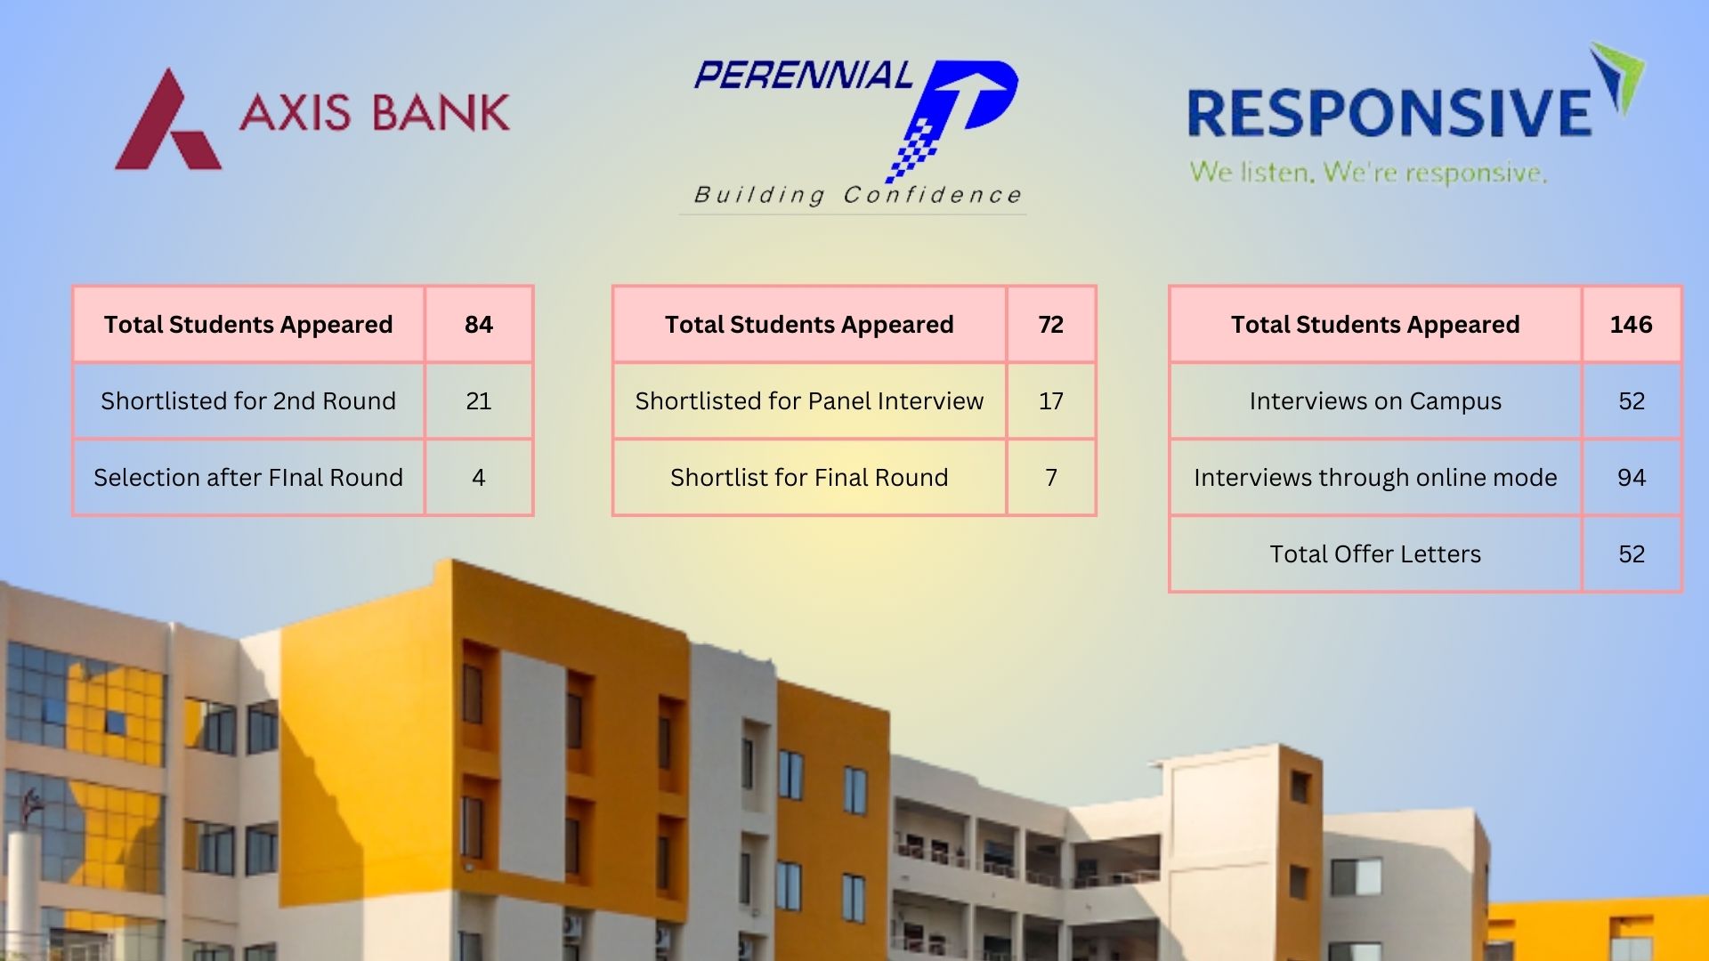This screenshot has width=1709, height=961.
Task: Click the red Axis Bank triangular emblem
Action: tap(166, 125)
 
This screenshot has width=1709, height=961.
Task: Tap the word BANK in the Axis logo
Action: tap(441, 113)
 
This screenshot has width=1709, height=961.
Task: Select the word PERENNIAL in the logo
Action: tap(803, 76)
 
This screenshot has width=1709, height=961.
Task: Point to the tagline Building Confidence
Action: tap(857, 195)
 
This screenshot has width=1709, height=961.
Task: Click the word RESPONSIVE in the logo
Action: tap(1389, 114)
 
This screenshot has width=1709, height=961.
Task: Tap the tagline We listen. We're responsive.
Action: tap(1368, 172)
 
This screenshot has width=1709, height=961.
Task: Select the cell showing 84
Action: tap(479, 325)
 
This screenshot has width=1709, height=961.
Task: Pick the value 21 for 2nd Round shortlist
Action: tap(479, 401)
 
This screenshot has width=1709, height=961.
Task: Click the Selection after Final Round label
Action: tap(248, 478)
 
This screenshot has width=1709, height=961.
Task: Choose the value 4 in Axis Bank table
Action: tap(479, 478)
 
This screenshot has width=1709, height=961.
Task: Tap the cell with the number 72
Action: tap(1051, 325)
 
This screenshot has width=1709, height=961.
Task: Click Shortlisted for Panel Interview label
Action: tap(809, 401)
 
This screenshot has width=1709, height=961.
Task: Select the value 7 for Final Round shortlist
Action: tap(1051, 478)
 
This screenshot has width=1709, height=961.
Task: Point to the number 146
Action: tap(1631, 325)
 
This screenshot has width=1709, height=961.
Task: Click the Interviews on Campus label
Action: tap(1375, 401)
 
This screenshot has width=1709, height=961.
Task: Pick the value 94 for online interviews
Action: tap(1631, 478)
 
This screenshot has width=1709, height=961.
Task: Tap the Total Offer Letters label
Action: tap(1375, 554)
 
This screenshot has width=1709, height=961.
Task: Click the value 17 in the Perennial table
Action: tap(1051, 401)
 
